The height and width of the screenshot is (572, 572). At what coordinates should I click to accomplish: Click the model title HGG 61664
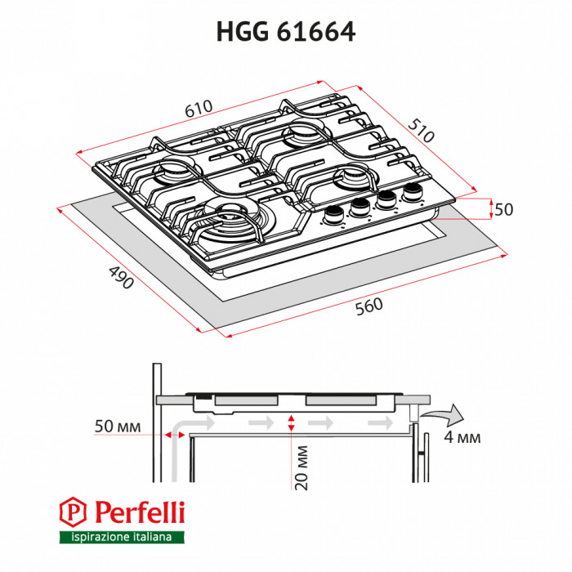coord(285,30)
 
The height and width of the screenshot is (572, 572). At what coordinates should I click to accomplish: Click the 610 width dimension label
coord(198,109)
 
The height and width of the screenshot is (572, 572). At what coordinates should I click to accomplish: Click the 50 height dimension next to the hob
coord(503,209)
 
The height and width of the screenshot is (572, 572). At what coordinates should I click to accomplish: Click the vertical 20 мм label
coord(302,467)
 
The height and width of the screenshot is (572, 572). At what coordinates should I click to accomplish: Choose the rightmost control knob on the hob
coord(409,193)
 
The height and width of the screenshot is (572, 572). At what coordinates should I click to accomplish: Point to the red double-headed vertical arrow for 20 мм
coord(291,422)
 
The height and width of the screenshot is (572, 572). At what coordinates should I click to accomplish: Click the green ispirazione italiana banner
coord(121,537)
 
